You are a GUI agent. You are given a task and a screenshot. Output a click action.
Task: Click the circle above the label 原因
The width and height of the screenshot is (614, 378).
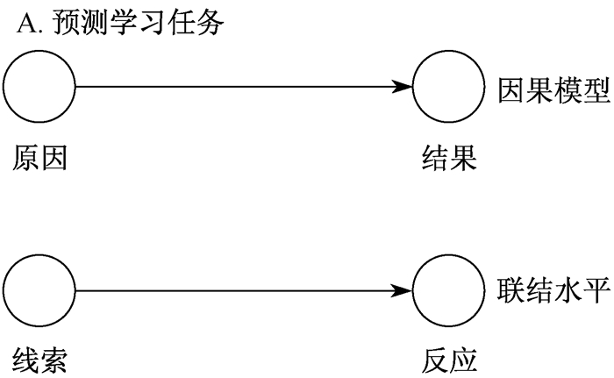40,88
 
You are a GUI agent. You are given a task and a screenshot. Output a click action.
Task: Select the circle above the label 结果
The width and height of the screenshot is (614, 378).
449,88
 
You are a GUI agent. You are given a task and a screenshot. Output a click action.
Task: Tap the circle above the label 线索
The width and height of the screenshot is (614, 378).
40,290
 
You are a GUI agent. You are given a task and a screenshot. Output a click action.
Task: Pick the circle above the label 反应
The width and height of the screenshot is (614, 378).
449,290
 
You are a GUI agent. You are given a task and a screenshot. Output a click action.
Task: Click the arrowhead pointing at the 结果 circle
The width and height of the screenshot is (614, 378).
403,88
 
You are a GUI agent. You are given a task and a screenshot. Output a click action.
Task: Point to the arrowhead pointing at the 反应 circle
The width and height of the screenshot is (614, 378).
403,290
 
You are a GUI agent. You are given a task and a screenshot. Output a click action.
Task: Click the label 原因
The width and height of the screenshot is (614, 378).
40,158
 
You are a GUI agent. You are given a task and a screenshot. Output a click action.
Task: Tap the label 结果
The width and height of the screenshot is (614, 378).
448,158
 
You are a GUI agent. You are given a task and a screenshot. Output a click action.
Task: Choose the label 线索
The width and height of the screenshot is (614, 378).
40,360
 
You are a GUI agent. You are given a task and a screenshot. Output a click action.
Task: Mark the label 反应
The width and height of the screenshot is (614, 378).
448,360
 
